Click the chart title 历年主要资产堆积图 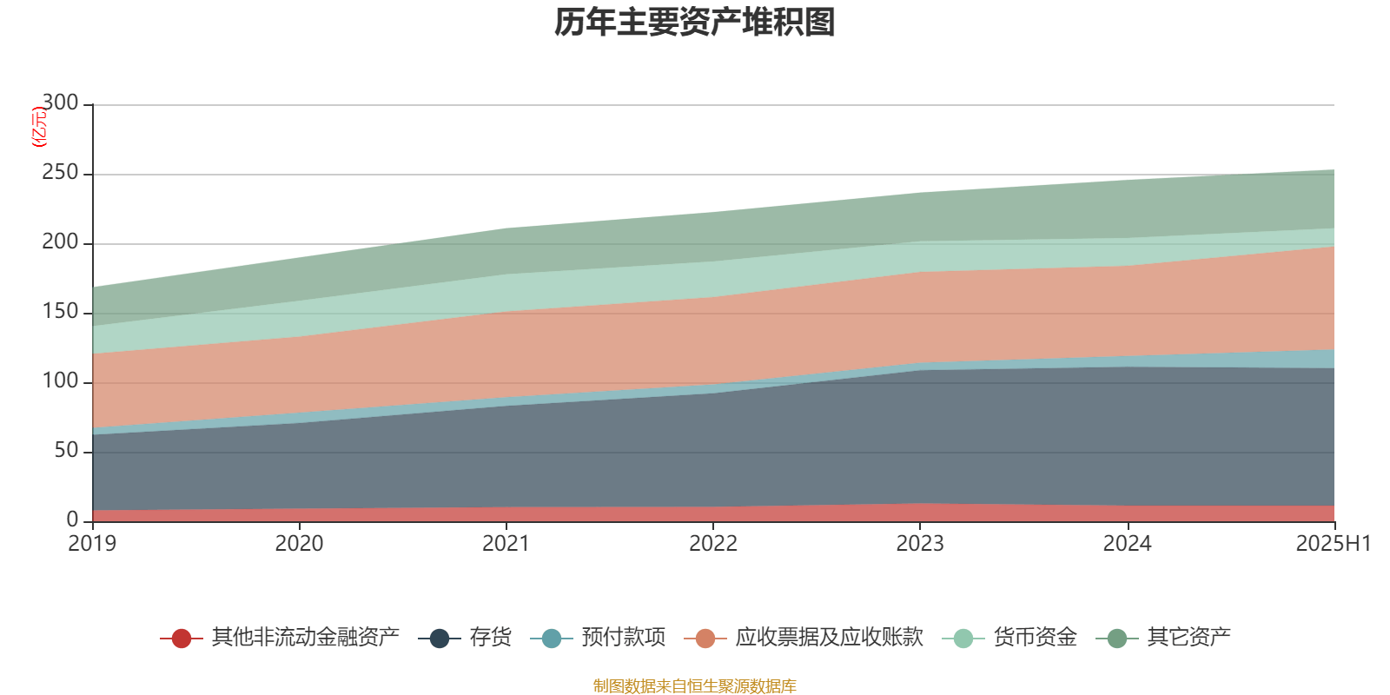(695, 23)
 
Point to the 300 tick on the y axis (60, 103)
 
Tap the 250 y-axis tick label (60, 173)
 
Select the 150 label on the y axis (60, 312)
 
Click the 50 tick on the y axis (66, 451)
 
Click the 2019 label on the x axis (92, 544)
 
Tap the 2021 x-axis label (506, 544)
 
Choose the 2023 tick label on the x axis (920, 544)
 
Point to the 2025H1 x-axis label (1333, 544)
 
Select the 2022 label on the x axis (713, 544)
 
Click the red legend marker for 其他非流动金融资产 (181, 639)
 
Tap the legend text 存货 (491, 638)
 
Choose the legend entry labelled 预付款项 (624, 638)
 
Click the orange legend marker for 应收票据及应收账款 (705, 639)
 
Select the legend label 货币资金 (1036, 638)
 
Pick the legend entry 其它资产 (1188, 638)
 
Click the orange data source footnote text (694, 686)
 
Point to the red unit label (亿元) (38, 127)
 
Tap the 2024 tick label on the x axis (1127, 544)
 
